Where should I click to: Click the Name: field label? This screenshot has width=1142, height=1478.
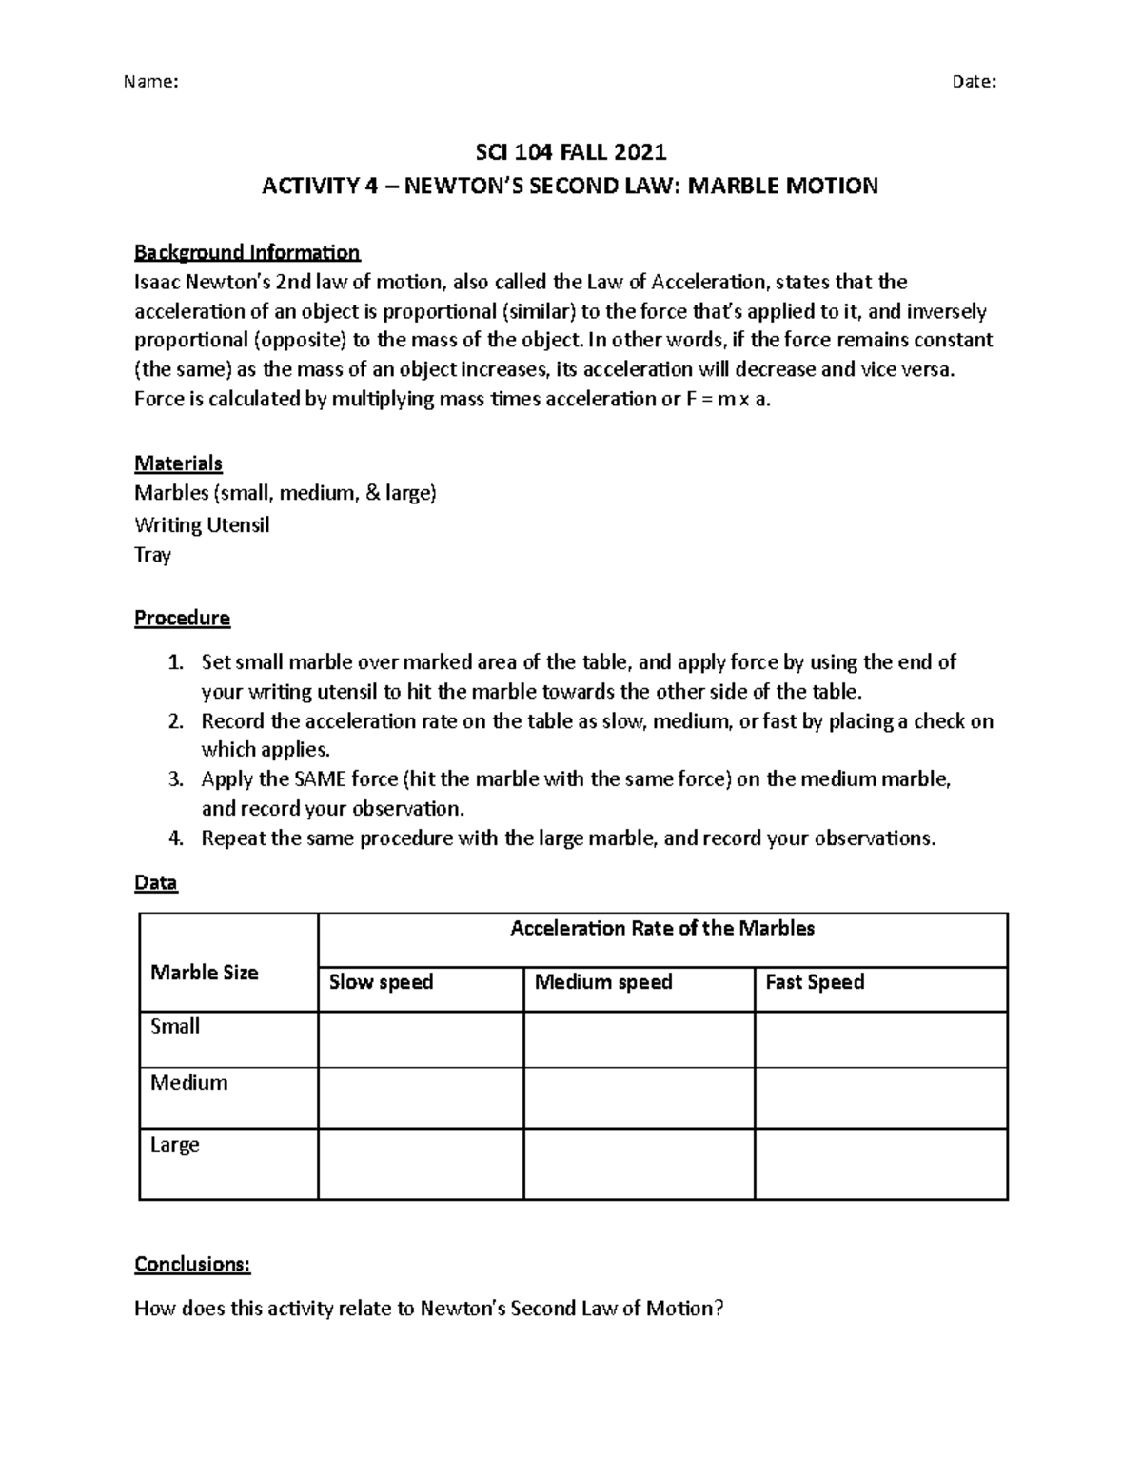[150, 82]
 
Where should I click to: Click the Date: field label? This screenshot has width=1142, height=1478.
[974, 82]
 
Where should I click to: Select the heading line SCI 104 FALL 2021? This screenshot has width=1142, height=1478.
[570, 152]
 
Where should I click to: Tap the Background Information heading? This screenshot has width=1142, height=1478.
[246, 252]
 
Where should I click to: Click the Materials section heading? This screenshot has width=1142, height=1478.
[178, 463]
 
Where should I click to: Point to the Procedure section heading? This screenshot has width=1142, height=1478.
[182, 618]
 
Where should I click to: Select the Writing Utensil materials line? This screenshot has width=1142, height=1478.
[202, 524]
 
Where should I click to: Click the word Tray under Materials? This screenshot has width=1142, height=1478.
[152, 555]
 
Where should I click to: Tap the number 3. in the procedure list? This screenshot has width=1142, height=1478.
[174, 779]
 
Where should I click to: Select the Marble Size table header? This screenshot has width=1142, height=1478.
[205, 972]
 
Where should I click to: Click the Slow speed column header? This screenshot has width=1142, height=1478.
[381, 981]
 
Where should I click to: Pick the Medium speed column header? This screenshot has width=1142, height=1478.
[603, 981]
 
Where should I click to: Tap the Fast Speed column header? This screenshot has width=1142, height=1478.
[815, 981]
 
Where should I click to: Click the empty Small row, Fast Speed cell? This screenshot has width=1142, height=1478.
[880, 1038]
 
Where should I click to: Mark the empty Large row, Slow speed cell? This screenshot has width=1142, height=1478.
[420, 1163]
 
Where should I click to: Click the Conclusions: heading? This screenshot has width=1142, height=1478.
[192, 1264]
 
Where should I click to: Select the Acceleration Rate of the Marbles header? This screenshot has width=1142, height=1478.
[662, 928]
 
